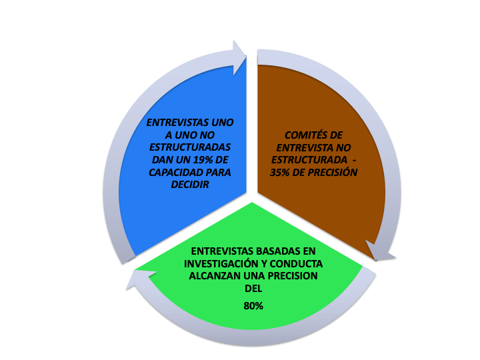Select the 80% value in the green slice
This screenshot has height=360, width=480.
(253, 306)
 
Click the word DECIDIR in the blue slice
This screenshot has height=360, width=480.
(191, 184)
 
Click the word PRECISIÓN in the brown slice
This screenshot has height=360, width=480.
(331, 172)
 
